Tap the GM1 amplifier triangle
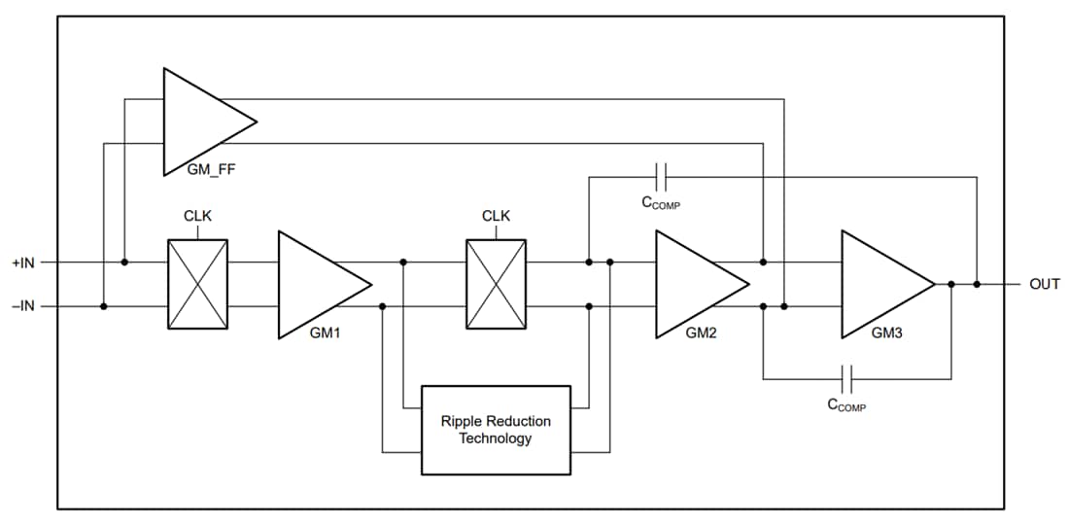click(317, 284)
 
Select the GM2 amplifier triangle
click(694, 284)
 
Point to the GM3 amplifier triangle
click(879, 284)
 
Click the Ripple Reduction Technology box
click(496, 430)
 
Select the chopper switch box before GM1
click(197, 284)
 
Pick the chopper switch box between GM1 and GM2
click(496, 284)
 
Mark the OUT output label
click(1044, 285)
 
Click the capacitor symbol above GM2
click(662, 177)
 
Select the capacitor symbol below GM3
click(846, 379)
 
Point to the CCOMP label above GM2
click(660, 203)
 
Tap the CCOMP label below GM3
click(845, 405)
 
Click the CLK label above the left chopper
click(197, 216)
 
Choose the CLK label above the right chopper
click(496, 216)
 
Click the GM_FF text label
click(211, 169)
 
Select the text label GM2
click(701, 333)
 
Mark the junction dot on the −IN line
click(104, 306)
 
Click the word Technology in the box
click(496, 438)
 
